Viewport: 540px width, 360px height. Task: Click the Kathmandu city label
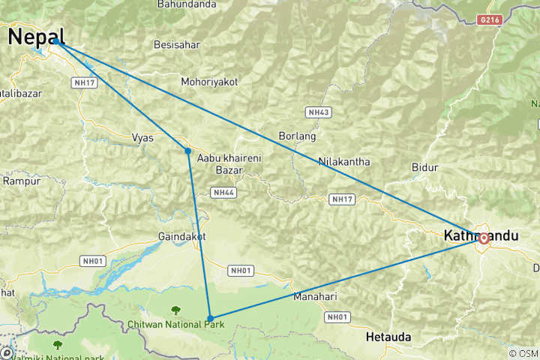[x=491, y=235]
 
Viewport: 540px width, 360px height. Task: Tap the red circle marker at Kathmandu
[x=484, y=238]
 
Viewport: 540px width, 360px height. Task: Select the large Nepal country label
[x=36, y=37]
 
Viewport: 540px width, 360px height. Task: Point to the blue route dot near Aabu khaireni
[x=187, y=151]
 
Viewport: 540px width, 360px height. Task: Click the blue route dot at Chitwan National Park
[x=210, y=318]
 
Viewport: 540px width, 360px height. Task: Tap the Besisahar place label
[x=176, y=45]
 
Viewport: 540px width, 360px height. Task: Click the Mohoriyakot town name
[x=209, y=81]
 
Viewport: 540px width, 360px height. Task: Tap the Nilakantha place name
[x=344, y=161]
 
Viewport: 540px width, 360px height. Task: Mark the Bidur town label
[x=424, y=166]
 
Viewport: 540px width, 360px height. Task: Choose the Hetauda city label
[x=388, y=337]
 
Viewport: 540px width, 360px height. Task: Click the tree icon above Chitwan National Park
[x=175, y=310]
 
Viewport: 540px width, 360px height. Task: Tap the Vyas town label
[x=142, y=138]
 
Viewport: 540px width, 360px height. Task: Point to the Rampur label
[x=16, y=181]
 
